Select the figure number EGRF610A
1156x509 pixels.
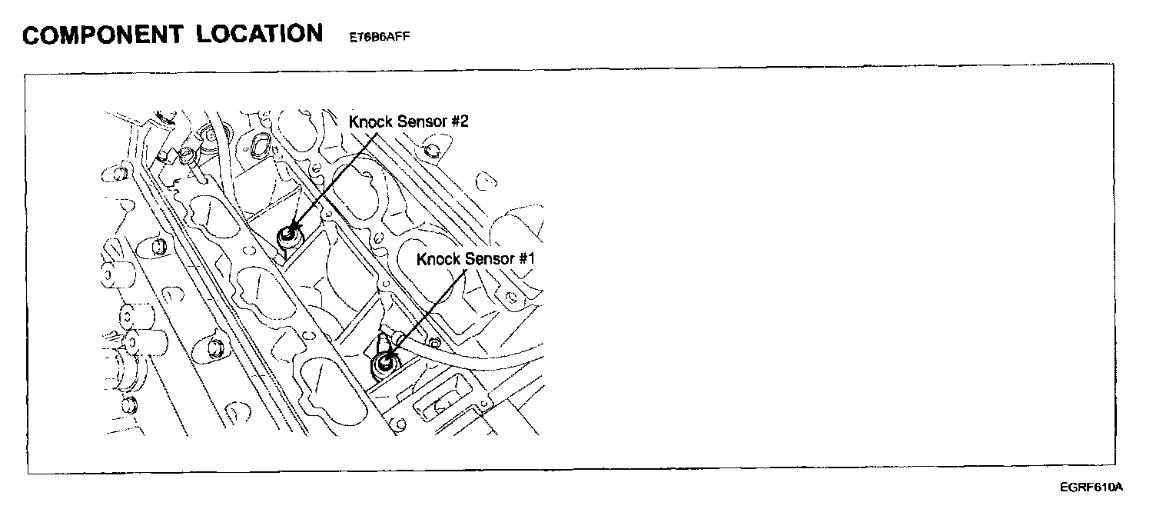click(1091, 487)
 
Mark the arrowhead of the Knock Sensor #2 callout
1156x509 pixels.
click(292, 230)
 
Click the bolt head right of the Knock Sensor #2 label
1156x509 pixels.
click(430, 148)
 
